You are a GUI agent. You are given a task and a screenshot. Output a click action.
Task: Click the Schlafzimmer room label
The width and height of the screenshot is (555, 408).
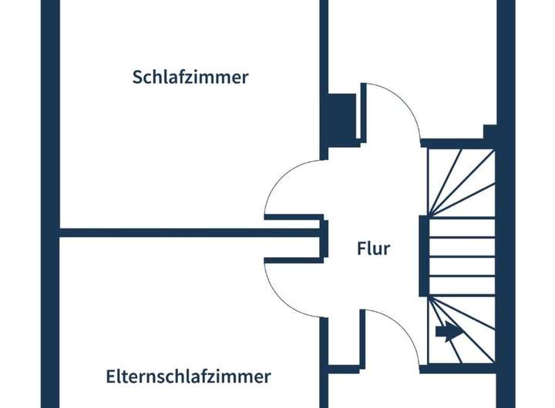(x=190, y=78)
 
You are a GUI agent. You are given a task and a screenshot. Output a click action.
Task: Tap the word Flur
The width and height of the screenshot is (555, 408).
(x=374, y=249)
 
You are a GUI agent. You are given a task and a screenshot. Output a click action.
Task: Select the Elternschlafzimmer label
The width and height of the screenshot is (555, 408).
(x=189, y=376)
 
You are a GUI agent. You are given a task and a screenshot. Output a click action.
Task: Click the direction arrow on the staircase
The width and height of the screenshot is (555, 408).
(x=446, y=332)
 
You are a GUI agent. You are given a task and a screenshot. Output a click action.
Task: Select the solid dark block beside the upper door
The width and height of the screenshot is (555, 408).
(x=340, y=118)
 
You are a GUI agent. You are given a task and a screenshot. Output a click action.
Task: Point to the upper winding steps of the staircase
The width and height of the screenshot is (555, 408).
(x=461, y=181)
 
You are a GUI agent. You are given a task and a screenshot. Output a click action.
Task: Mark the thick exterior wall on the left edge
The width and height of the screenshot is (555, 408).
(x=50, y=204)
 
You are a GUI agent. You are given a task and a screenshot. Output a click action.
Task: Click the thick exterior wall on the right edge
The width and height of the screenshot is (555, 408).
(x=506, y=204)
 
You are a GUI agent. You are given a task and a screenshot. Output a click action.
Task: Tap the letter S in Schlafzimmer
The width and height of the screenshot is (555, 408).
(x=137, y=78)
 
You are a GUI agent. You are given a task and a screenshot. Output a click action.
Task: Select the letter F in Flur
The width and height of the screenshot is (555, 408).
(x=361, y=249)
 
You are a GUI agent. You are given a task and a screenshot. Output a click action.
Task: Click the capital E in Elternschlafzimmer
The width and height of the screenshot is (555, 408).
(x=111, y=376)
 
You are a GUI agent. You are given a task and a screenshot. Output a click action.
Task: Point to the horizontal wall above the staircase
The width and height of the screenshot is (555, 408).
(x=455, y=142)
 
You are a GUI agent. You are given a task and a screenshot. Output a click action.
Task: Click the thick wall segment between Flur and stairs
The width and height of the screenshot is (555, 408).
(x=423, y=256)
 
